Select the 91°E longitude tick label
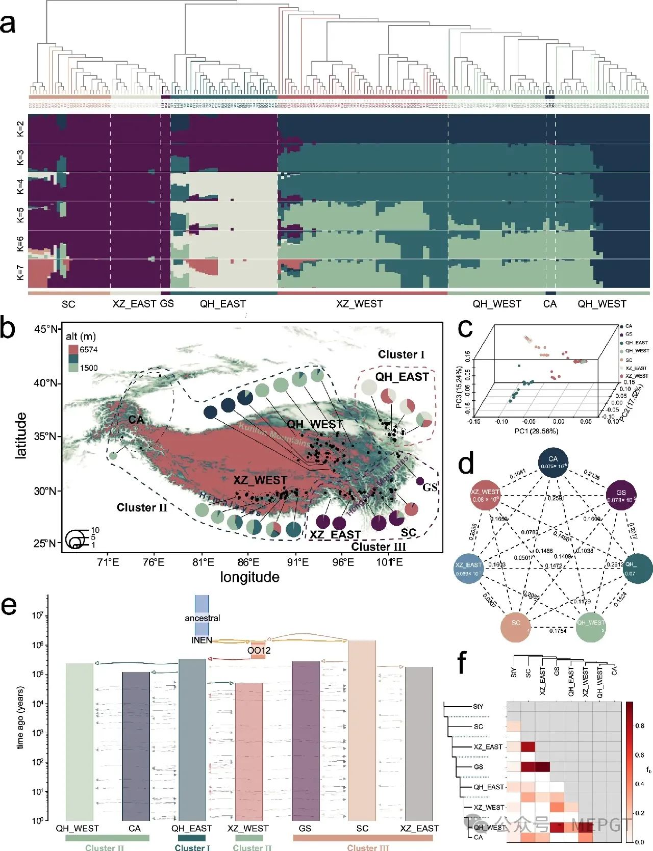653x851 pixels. (297, 562)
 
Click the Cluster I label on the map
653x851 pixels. (401, 354)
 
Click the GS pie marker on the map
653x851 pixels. (420, 481)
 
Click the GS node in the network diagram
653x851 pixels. (621, 495)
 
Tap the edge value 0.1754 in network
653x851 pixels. (558, 631)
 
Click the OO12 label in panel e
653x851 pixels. (259, 651)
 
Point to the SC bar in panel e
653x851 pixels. (362, 729)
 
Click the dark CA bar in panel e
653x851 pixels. (136, 744)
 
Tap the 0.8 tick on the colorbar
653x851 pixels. (639, 726)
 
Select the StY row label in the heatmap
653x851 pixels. (478, 706)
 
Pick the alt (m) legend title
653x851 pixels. (81, 337)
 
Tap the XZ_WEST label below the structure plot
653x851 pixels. (359, 304)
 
